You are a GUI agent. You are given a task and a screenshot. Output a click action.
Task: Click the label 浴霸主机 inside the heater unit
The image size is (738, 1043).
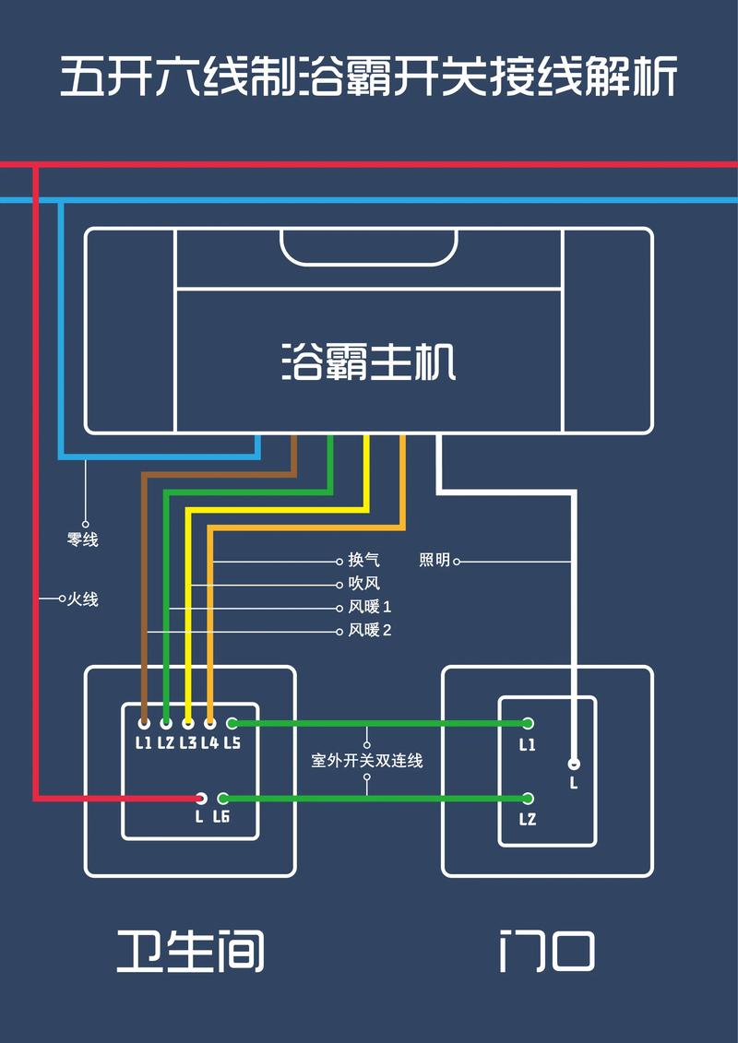368,362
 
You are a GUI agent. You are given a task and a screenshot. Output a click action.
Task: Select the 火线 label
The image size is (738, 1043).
82,599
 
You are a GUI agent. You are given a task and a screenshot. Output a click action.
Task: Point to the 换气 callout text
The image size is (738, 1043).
363,561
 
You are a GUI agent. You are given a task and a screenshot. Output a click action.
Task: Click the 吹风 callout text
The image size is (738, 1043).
363,584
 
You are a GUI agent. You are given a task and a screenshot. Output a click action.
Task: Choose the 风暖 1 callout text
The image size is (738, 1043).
370,607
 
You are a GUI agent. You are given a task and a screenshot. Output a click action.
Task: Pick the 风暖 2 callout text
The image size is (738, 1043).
370,631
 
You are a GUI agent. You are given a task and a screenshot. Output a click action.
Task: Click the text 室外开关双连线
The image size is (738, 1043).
367,762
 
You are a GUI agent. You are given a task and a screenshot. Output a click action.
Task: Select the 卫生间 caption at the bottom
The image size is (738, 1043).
190,951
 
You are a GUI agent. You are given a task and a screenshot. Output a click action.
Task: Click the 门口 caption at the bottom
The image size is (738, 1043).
546,951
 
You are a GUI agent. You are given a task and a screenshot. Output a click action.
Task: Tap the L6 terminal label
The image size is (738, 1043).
221,817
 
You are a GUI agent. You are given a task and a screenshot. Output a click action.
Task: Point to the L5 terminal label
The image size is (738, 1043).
232,743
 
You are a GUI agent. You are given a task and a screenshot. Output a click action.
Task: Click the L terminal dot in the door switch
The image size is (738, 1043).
574,764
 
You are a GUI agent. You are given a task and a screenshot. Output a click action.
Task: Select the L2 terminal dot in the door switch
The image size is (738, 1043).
528,799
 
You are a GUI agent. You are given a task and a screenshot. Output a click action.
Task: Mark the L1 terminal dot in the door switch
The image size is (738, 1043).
528,724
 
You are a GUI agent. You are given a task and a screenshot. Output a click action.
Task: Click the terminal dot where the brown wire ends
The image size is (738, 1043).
144,724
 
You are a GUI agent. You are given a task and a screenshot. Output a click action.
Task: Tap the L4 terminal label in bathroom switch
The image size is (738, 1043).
209,743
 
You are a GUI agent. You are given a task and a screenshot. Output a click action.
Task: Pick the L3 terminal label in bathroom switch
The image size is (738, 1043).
188,743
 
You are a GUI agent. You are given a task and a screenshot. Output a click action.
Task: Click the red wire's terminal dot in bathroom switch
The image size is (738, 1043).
200,798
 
